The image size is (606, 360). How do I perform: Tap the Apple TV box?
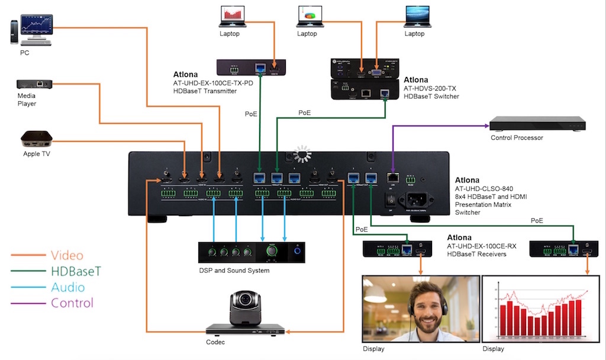37,140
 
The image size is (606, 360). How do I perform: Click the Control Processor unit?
537,124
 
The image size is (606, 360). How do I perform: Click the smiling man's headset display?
421,308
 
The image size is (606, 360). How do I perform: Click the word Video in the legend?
67,256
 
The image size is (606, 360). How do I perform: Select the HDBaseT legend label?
76,272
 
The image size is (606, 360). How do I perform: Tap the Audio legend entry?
67,288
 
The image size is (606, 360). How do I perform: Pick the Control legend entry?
72,303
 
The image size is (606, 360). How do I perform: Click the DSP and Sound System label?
234,271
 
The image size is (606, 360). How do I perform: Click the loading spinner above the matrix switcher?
302,154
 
